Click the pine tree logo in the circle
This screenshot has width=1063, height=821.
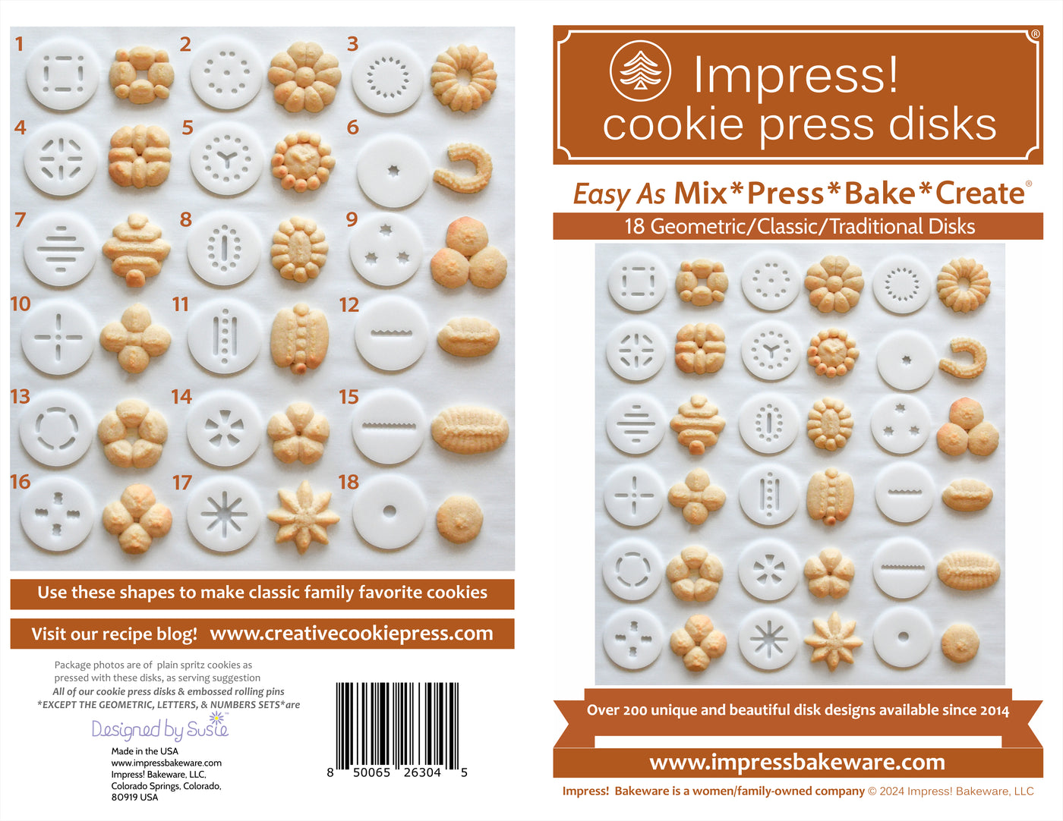point(640,71)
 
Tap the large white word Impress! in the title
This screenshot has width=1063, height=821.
point(796,75)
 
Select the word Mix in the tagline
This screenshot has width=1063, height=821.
point(700,193)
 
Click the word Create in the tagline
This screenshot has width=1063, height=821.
point(979,193)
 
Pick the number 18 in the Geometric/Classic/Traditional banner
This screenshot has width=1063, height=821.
point(634,226)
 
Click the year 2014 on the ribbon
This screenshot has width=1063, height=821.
point(994,710)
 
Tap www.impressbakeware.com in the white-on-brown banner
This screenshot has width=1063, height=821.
point(797,762)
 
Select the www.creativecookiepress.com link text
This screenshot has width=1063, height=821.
point(352,633)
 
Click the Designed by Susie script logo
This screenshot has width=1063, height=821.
point(160,728)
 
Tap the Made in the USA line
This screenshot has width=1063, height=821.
point(144,751)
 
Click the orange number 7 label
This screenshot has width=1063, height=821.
point(20,220)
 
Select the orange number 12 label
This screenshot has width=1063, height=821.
point(349,305)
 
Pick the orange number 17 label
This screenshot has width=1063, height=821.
point(181,483)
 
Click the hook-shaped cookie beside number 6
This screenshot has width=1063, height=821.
point(462,169)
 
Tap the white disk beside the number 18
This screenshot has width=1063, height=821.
point(390,511)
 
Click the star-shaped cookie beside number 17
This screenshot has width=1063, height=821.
point(303,515)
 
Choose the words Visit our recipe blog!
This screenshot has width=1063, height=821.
point(114,634)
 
